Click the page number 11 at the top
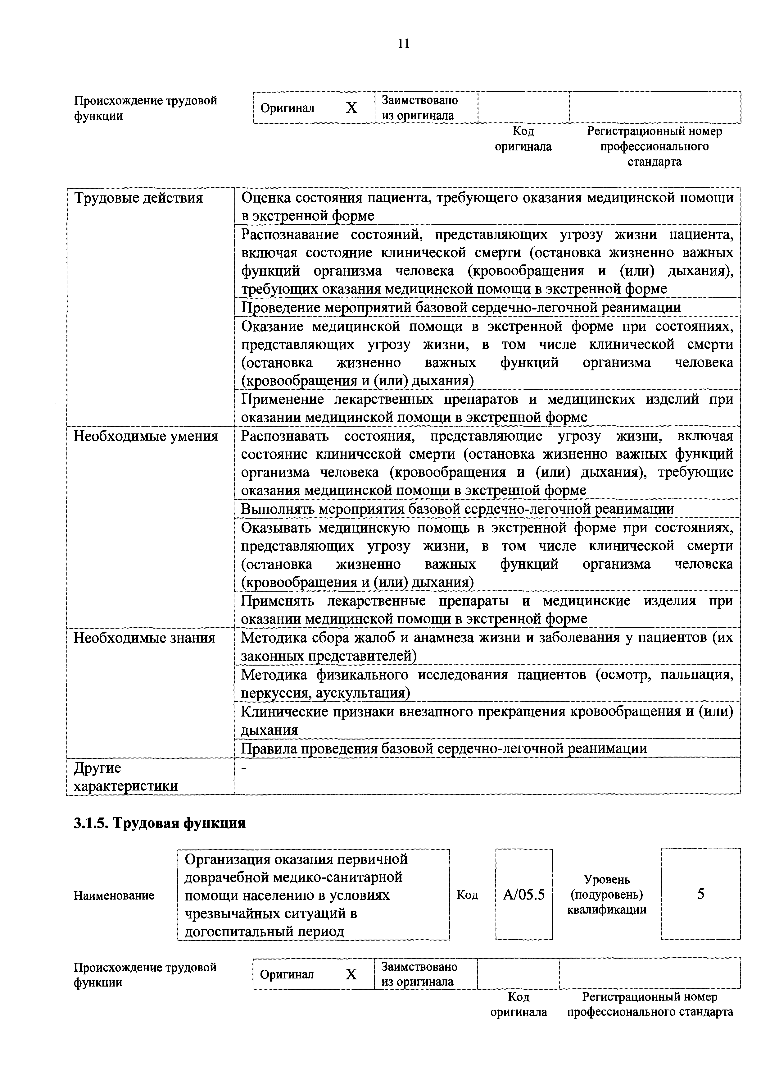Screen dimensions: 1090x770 click(x=403, y=44)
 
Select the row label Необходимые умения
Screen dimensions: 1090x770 click(x=146, y=436)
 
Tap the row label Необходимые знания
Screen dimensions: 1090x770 click(x=144, y=638)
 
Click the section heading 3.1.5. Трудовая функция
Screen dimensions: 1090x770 click(x=159, y=823)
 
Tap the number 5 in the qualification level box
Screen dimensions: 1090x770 click(x=700, y=895)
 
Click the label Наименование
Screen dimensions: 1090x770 click(x=114, y=895)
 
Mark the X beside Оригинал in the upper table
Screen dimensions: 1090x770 click(x=351, y=108)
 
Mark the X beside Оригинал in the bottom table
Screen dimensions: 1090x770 click(x=351, y=975)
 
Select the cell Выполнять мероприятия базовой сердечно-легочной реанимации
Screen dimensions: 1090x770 click(x=457, y=509)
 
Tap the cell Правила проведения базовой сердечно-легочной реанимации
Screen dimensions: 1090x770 click(x=444, y=749)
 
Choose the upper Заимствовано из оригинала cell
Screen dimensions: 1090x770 click(x=419, y=108)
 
